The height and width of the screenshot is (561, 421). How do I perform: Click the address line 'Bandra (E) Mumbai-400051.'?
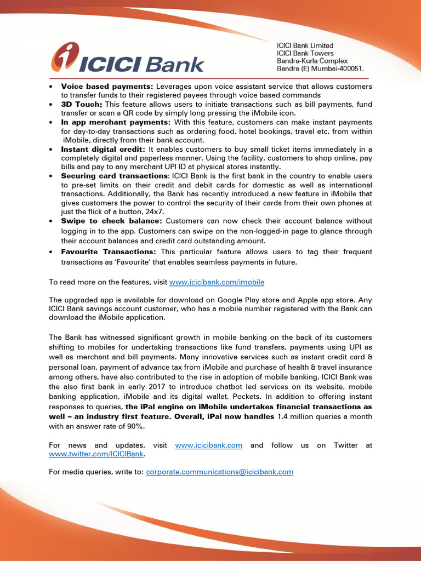click(x=320, y=69)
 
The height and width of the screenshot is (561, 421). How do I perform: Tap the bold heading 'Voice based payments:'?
click(x=107, y=87)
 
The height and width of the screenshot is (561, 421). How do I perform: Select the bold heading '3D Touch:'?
click(x=82, y=104)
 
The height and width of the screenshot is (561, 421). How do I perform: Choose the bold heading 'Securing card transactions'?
click(x=115, y=176)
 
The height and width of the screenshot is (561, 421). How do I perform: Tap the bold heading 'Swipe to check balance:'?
click(x=111, y=221)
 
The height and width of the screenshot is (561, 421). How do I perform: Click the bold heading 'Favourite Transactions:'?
click(x=109, y=252)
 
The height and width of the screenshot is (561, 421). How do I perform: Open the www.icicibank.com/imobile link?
click(x=217, y=282)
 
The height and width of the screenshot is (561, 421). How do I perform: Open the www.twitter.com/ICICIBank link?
click(x=96, y=454)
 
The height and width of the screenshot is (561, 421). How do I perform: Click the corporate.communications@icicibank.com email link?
click(x=219, y=472)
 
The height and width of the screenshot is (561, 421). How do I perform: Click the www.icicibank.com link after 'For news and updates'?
click(x=208, y=445)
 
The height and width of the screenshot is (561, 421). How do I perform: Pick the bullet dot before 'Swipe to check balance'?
click(x=51, y=221)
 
